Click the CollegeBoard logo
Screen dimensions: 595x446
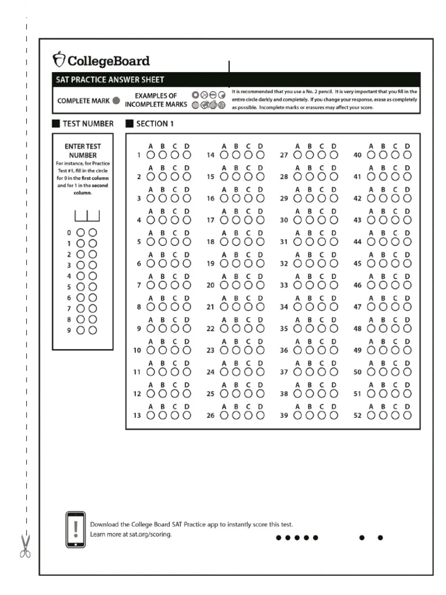[101, 60]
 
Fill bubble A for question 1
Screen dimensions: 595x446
[151, 155]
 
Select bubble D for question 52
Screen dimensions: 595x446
[408, 415]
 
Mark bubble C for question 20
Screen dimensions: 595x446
[248, 285]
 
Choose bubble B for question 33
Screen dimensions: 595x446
[310, 285]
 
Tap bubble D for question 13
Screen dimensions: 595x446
[187, 415]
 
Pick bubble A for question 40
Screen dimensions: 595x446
[371, 155]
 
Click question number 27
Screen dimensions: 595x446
[285, 155]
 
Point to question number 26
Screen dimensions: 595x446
[211, 415]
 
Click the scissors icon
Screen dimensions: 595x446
[25, 546]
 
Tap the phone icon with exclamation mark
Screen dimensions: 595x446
[75, 529]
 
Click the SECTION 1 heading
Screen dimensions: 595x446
[154, 123]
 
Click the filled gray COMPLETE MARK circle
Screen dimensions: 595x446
[116, 101]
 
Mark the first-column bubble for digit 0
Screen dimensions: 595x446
[81, 232]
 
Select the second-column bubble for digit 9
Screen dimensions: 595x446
[92, 330]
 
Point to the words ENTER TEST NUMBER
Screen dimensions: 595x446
[82, 151]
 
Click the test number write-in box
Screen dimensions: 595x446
[87, 216]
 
